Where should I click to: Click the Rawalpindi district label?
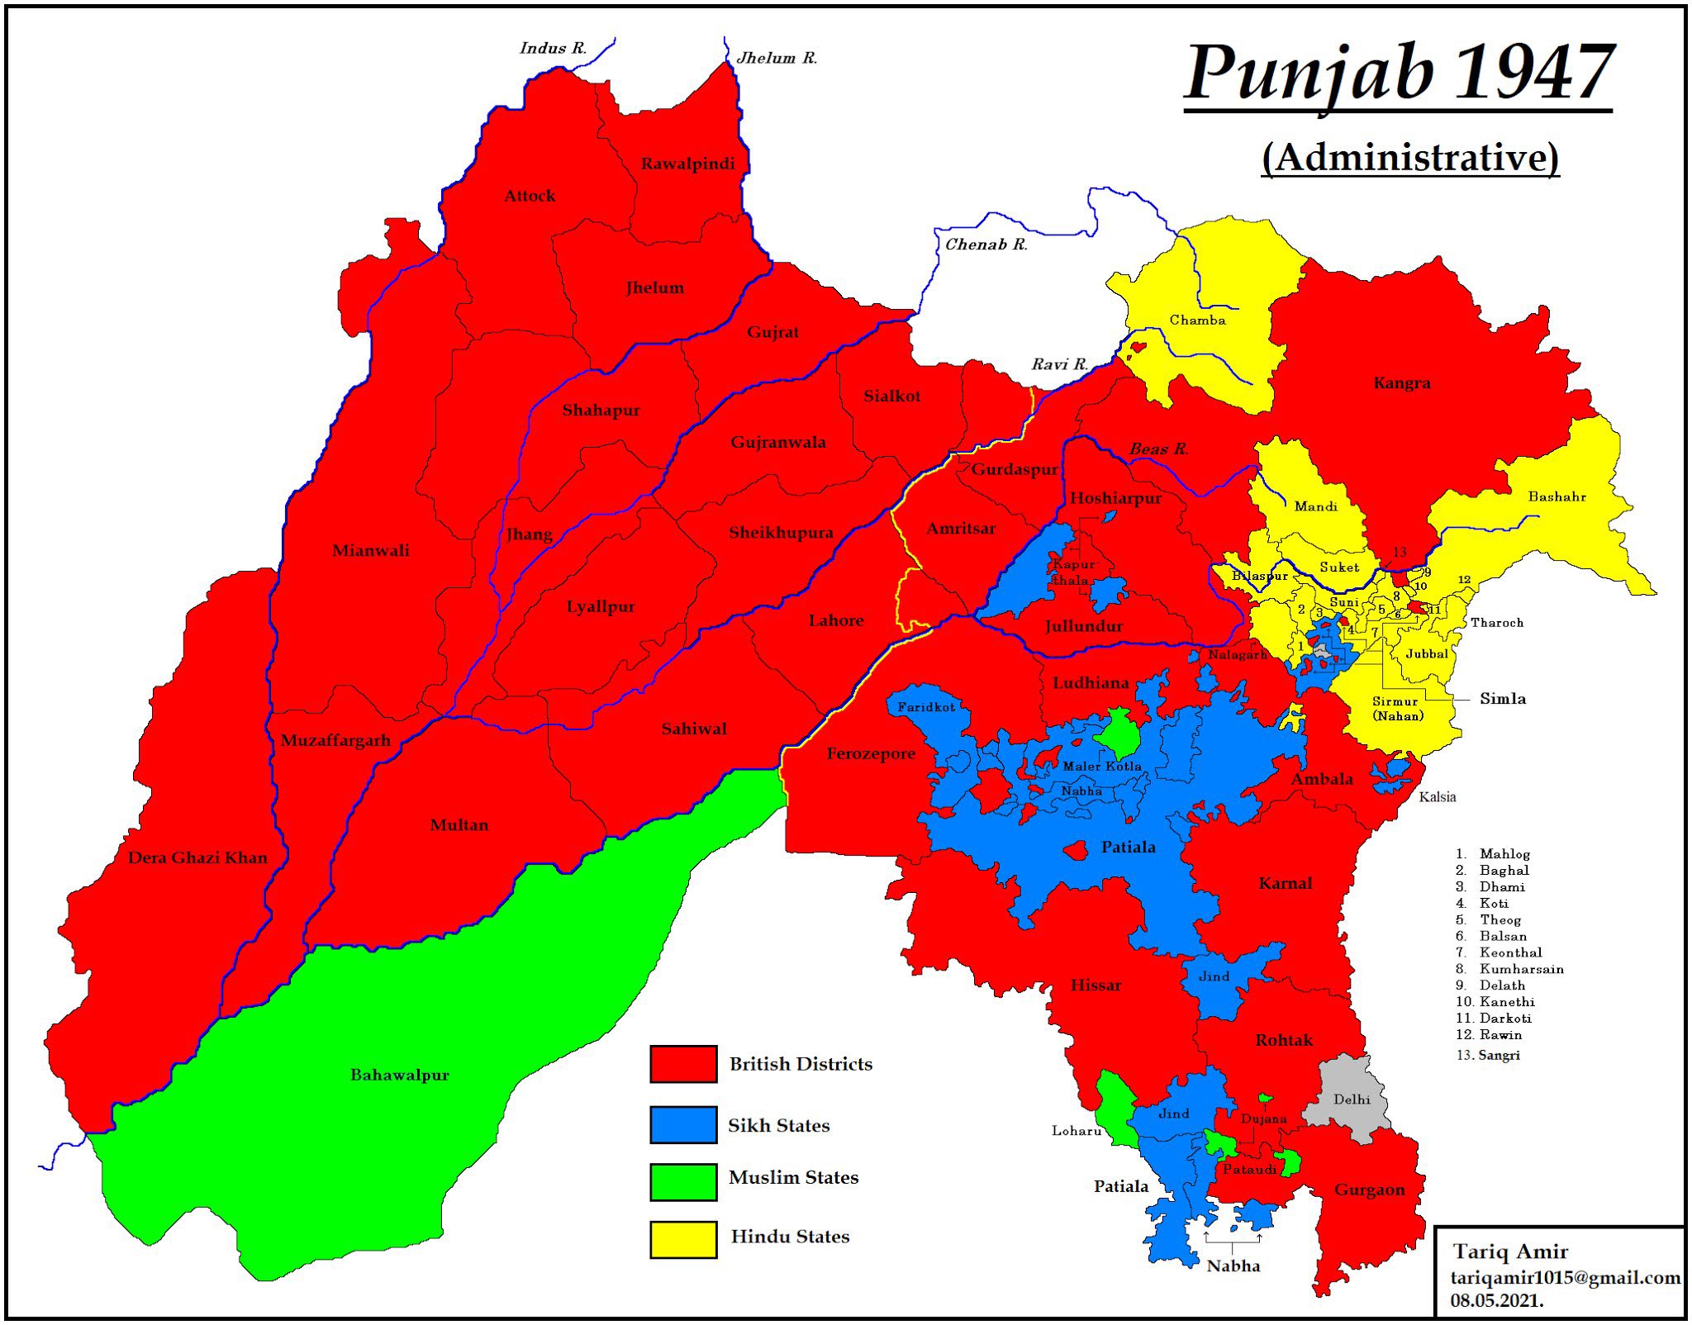coord(687,164)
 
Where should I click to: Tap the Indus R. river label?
coord(553,48)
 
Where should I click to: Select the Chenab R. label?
coord(986,245)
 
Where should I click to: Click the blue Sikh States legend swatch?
coord(682,1125)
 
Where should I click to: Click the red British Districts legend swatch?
coord(682,1064)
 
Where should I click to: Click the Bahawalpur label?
coord(400,1075)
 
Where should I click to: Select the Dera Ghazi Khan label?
coord(197,857)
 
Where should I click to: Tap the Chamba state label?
coord(1197,321)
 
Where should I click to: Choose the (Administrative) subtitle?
coord(1410,157)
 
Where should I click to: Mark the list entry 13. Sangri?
coord(1488,1055)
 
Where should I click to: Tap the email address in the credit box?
coord(1565,1278)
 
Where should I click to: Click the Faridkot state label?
coord(925,707)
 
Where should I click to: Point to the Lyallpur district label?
coord(601,606)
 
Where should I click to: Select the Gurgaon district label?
coord(1369,1190)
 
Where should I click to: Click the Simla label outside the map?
coord(1502,699)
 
